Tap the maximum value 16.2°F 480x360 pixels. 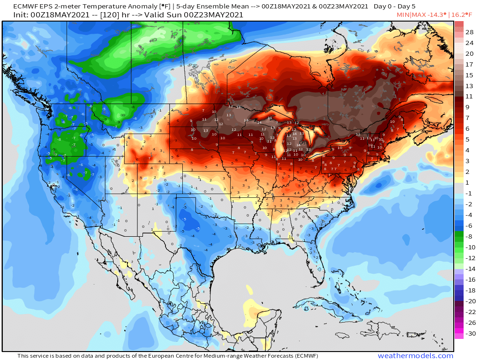[464, 15]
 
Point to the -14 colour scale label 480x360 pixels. [471, 269]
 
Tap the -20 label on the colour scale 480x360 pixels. [471, 301]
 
